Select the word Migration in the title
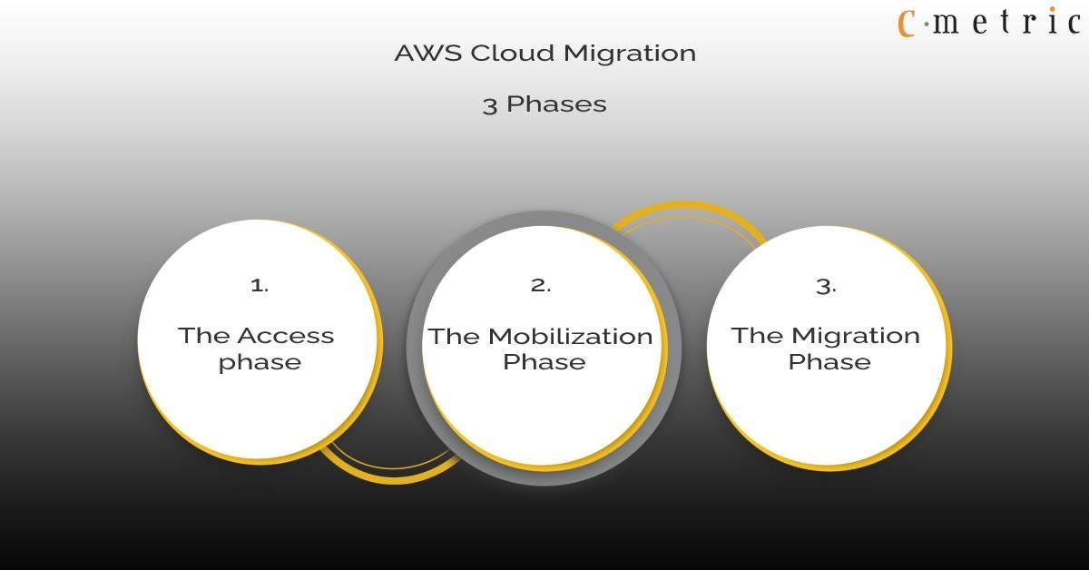(629, 54)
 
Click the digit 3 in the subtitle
(490, 104)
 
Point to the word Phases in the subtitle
(556, 104)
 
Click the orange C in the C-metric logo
(906, 22)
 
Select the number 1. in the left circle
(260, 285)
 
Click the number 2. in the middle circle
(541, 285)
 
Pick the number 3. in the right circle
(826, 286)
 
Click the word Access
(285, 336)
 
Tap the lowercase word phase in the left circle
(260, 362)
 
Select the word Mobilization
(570, 337)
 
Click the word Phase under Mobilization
(544, 362)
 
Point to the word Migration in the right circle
(856, 336)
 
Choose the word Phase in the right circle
(829, 362)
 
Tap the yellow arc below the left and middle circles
(390, 475)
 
